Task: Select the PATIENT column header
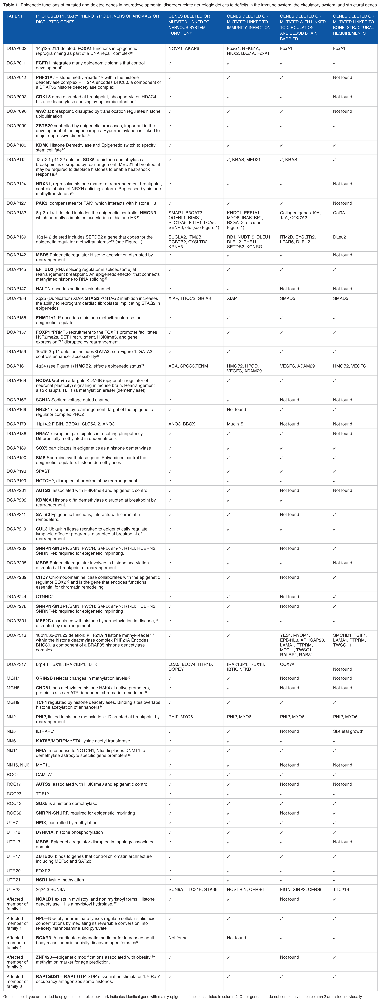15,16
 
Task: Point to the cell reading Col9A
339,213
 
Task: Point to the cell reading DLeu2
339,237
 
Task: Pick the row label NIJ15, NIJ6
18,765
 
